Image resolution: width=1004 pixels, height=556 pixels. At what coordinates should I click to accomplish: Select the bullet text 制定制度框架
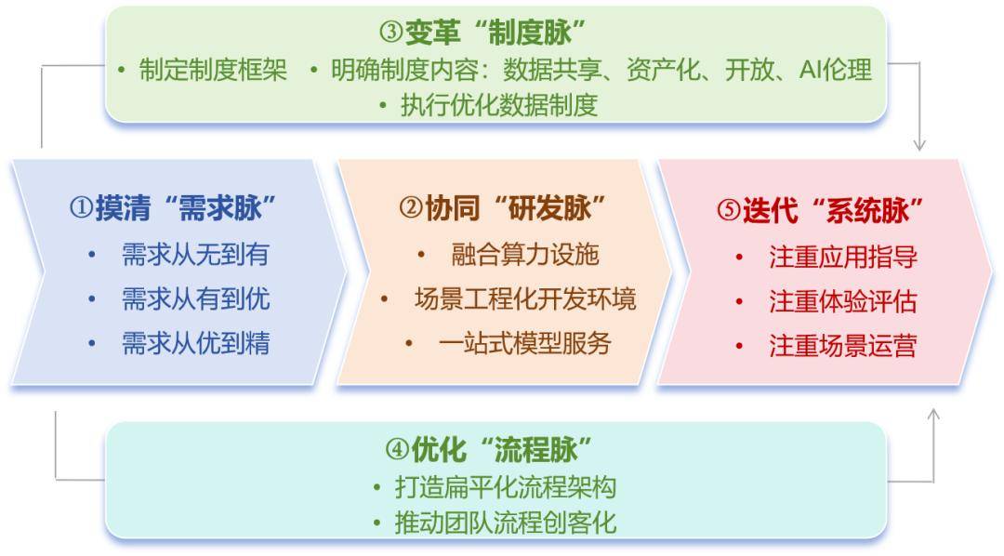(213, 70)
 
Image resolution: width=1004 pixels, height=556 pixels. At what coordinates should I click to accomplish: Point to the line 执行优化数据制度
(499, 105)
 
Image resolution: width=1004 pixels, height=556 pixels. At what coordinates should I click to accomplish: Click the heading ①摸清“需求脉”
(172, 207)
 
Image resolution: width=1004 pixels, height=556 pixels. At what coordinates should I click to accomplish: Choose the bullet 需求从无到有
(195, 255)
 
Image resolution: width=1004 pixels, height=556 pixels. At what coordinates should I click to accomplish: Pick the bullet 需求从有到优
(195, 298)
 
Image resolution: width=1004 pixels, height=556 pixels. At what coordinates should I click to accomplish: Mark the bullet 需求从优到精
(195, 343)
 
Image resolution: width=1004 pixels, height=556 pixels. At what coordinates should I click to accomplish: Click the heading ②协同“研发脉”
(502, 207)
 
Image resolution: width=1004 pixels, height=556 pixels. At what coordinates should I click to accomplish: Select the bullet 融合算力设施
(525, 255)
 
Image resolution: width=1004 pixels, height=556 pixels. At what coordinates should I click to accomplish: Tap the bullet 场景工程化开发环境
(525, 298)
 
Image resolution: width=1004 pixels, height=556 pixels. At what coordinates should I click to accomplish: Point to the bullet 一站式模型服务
(525, 343)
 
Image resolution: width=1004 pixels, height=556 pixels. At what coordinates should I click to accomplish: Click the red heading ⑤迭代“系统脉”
(820, 210)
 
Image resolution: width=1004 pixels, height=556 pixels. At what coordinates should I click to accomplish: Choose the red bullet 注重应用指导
(843, 257)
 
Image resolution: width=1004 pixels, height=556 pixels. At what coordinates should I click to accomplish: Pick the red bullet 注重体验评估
(843, 301)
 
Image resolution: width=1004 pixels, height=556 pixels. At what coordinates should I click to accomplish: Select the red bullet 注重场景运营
(843, 345)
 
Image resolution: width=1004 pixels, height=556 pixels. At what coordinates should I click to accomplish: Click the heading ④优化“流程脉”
(489, 449)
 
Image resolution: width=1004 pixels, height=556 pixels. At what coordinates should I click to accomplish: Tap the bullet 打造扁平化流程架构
(506, 487)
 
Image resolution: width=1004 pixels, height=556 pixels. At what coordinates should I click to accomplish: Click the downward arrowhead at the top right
(919, 143)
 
